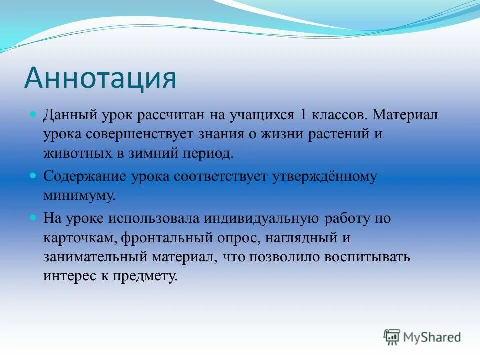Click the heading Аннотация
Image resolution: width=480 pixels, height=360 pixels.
coord(100,77)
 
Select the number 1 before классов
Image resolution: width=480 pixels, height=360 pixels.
coord(303,115)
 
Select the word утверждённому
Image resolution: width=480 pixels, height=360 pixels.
coord(324,176)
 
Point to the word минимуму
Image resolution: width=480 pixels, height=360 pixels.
coord(79,194)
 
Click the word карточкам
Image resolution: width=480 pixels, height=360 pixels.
coord(79,238)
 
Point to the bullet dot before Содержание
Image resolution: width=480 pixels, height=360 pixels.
coord(33,176)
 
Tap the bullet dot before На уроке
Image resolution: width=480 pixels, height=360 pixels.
coord(33,218)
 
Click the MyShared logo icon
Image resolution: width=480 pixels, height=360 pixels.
coord(392,337)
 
